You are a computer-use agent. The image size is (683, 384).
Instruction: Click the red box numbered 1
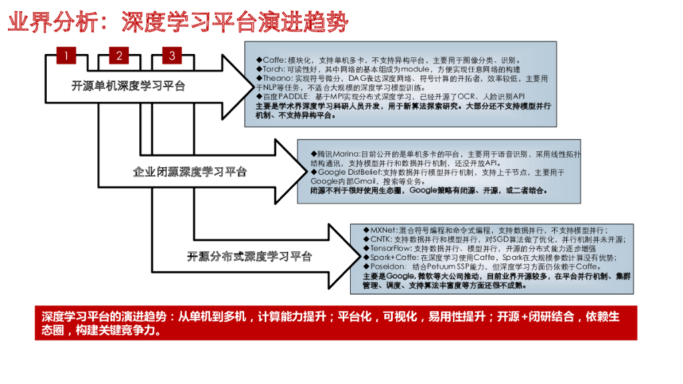tap(66, 55)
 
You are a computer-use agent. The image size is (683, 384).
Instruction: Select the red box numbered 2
tap(119, 55)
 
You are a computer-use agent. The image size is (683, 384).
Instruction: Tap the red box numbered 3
tap(172, 55)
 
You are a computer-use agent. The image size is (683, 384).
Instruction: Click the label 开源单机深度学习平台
tap(129, 86)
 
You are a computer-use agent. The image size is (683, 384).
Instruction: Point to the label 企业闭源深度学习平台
tap(190, 171)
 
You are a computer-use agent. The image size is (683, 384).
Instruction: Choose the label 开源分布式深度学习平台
tap(249, 256)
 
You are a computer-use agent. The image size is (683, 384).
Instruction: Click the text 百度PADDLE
tap(279, 97)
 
